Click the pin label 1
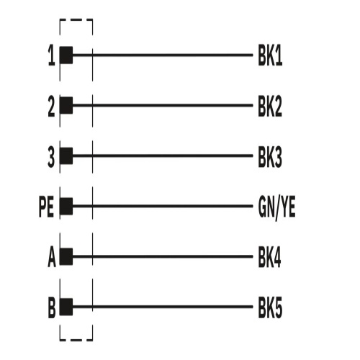pyautogui.click(x=52, y=55)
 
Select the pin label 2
pyautogui.click(x=51, y=107)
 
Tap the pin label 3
pyautogui.click(x=51, y=157)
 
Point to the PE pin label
pyautogui.click(x=46, y=207)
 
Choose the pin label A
pyautogui.click(x=52, y=258)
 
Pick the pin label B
pyautogui.click(x=52, y=308)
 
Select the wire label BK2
pyautogui.click(x=270, y=107)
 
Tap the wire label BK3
pyautogui.click(x=270, y=157)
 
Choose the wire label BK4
pyautogui.click(x=269, y=258)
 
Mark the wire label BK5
pyautogui.click(x=270, y=308)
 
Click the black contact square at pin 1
pyautogui.click(x=66, y=55)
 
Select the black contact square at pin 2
pyautogui.click(x=66, y=105)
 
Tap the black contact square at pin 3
pyautogui.click(x=66, y=156)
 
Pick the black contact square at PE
pyautogui.click(x=66, y=206)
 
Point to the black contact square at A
pyautogui.click(x=66, y=256)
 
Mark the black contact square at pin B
pyautogui.click(x=66, y=307)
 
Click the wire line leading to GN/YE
pyautogui.click(x=163, y=206)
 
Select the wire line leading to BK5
pyautogui.click(x=163, y=307)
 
